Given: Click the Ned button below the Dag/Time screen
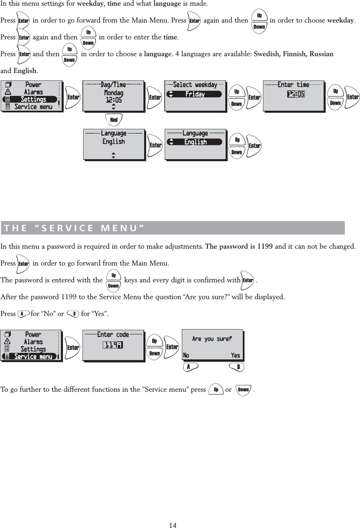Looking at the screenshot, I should click(114, 120).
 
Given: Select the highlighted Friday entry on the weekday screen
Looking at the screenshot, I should click(195, 94).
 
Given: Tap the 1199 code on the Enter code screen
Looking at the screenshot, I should click(113, 345).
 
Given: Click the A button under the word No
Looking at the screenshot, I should click(190, 367).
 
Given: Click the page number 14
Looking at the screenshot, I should click(173, 525).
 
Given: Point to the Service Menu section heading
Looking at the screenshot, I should click(74, 228).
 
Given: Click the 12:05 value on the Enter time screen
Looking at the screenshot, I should click(296, 94).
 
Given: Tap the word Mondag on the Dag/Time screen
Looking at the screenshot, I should click(113, 93).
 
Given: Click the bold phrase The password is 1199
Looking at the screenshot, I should click(239, 246).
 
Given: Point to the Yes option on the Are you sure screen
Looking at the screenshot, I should click(235, 355).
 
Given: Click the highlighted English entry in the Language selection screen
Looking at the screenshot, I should click(195, 142).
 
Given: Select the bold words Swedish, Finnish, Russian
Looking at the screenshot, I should click(293, 54).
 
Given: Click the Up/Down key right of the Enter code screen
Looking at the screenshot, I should click(155, 347).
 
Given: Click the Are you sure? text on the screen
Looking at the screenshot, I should click(212, 339).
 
